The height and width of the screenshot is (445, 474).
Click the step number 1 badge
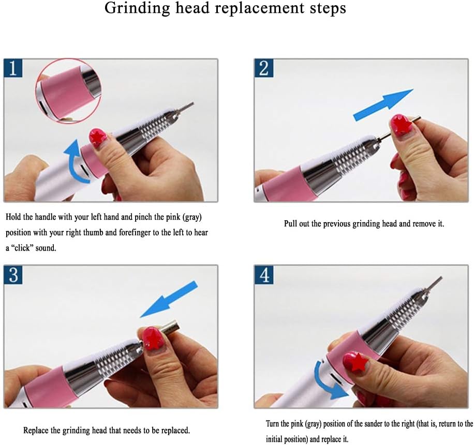tap(13, 68)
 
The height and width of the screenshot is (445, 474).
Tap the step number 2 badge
tap(264, 68)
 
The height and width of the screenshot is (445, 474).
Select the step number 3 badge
tap(13, 275)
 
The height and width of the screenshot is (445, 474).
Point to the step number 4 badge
tap(264, 275)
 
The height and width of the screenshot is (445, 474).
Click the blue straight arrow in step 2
tap(383, 105)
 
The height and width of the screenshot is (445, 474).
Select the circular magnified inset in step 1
tap(69, 90)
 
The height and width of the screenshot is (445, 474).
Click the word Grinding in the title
tap(138, 8)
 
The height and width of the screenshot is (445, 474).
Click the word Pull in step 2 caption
tap(290, 223)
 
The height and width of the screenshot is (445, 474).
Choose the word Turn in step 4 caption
tap(273, 424)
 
